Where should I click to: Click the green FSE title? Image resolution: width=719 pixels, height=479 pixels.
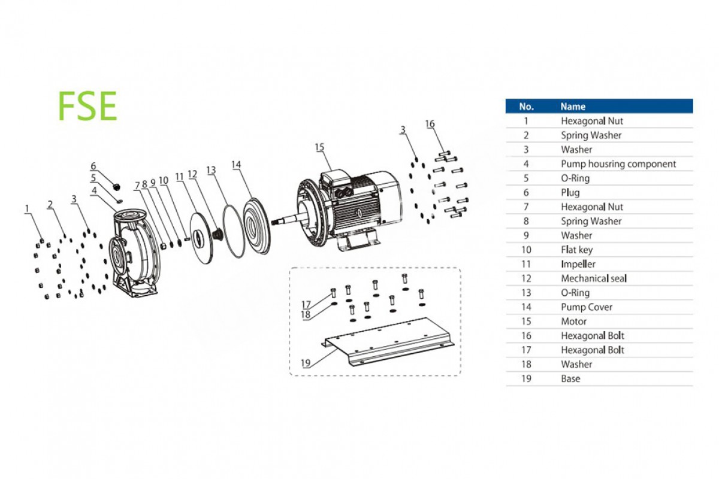(x=87, y=107)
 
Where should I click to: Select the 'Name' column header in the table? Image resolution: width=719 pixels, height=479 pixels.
(x=573, y=107)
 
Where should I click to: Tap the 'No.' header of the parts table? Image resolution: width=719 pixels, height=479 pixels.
(x=526, y=107)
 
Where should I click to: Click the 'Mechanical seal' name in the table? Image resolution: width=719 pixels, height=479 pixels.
(x=594, y=278)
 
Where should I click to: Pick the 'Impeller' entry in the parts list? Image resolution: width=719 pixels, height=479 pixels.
(x=578, y=264)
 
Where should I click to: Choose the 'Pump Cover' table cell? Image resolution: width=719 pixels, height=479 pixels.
(x=587, y=307)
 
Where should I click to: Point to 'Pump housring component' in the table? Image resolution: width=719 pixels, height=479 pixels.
(x=618, y=163)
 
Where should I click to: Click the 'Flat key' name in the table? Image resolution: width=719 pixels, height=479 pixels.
(x=576, y=250)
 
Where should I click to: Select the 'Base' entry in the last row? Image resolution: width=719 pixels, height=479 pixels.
(x=570, y=378)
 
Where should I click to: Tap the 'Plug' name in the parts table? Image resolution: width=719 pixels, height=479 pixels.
(x=570, y=192)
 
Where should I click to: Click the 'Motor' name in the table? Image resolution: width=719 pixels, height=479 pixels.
(x=574, y=322)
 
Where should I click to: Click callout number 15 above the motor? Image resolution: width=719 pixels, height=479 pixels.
(x=319, y=147)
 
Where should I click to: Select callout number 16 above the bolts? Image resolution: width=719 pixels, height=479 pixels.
(x=430, y=124)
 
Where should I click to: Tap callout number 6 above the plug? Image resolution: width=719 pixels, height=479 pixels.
(x=93, y=166)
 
